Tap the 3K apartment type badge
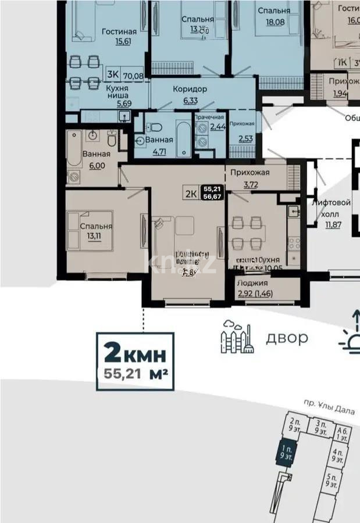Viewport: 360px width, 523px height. (x=113, y=74)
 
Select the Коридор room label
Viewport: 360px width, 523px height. (x=190, y=89)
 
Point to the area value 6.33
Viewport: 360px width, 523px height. (x=190, y=100)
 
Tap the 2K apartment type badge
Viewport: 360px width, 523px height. (x=190, y=194)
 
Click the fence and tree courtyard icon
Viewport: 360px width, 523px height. (x=237, y=336)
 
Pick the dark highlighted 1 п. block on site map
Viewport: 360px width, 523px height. (x=284, y=451)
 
